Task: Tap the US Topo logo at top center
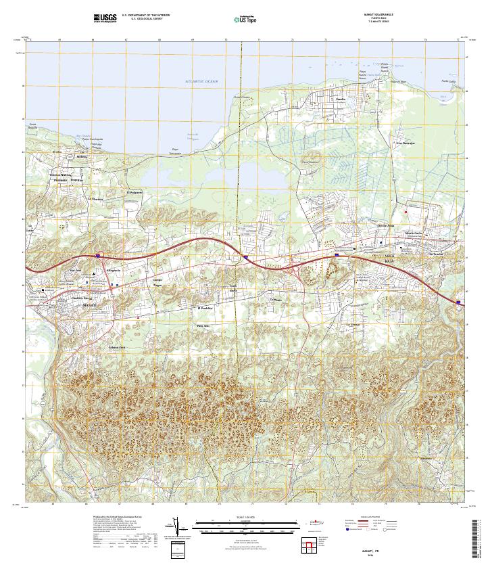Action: coord(245,20)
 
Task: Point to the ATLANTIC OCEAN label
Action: coord(202,81)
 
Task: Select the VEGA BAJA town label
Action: coord(392,258)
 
